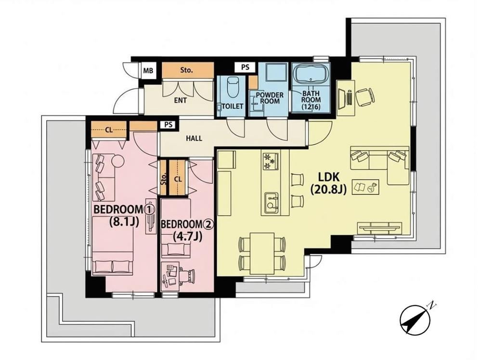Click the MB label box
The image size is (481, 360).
[x=148, y=71]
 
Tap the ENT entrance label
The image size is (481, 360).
[x=180, y=100]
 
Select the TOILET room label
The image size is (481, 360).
[x=232, y=106]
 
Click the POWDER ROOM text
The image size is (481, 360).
[x=270, y=98]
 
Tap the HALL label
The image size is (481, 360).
[x=194, y=138]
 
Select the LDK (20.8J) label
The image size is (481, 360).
[x=328, y=183]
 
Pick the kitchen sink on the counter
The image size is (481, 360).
[x=272, y=201]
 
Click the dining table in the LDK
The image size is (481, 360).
[x=261, y=253]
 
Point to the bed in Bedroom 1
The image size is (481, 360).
[x=113, y=245]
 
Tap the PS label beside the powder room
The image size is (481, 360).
[x=245, y=67]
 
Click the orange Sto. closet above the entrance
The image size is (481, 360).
[x=187, y=70]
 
